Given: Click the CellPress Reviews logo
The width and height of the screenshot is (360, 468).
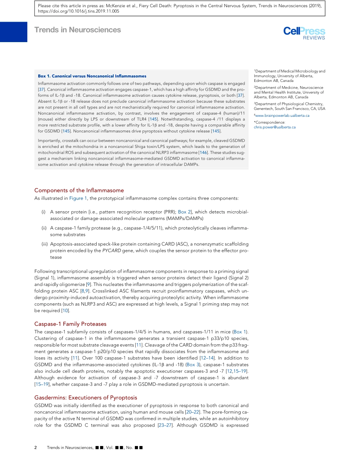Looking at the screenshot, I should (304, 33).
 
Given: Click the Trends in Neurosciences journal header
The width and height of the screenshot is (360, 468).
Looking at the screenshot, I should (77, 30).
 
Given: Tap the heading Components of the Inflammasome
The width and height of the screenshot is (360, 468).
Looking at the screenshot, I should (79, 190).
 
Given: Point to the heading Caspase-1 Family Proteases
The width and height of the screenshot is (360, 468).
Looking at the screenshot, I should (70, 324).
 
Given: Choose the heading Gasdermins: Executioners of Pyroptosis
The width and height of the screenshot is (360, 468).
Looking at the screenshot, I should (86, 397).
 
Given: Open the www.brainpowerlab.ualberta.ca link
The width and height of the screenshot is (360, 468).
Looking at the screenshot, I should (282, 115).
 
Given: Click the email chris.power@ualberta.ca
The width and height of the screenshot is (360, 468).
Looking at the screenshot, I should (275, 127).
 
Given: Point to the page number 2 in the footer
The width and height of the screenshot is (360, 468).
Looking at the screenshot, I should (36, 448).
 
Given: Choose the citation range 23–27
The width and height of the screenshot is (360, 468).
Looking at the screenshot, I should (165, 425).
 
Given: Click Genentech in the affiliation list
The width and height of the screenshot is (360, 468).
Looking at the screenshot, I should (265, 108).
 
